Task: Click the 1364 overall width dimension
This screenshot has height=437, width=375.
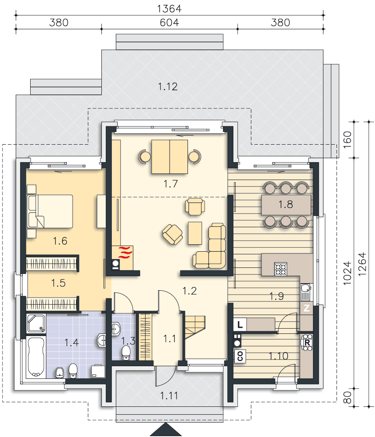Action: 169,9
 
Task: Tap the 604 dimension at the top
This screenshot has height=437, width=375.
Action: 169,23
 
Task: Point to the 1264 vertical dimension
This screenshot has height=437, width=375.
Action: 362,264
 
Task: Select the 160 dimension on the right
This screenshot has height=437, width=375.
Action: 347,140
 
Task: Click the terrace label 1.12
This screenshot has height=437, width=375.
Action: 167,87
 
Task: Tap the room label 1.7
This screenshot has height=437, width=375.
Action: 170,184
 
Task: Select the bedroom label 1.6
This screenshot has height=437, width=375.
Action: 60,241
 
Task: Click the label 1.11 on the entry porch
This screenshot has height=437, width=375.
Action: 169,395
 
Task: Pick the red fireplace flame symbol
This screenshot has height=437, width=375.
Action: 125,252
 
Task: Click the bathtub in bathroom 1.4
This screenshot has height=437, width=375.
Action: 36,357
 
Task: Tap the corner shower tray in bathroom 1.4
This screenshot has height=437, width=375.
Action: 36,323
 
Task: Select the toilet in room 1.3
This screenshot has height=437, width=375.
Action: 126,353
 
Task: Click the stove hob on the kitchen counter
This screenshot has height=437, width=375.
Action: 281,269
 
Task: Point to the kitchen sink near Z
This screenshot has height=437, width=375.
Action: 306,292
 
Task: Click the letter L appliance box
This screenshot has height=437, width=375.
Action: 240,324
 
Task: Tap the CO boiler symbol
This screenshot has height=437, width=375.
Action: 240,356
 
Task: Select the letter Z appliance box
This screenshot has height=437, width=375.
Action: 307,308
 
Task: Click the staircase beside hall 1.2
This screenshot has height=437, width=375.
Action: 195,327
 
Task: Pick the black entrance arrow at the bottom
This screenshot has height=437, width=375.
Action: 166,430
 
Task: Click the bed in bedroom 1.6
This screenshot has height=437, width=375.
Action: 50,211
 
